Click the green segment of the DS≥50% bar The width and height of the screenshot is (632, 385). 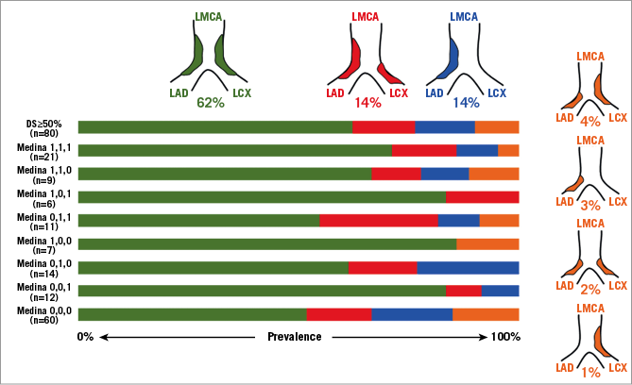(215, 127)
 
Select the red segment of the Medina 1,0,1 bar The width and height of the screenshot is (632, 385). (482, 196)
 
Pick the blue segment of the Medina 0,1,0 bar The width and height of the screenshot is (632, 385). (468, 267)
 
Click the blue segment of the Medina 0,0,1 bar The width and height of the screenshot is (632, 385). (500, 291)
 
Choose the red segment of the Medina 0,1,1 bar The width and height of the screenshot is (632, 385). (378, 220)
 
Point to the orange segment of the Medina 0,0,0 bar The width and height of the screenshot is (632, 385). (486, 314)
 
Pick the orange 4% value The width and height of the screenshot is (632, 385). (591, 122)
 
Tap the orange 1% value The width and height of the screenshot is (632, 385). (591, 373)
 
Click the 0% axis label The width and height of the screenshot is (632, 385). (86, 337)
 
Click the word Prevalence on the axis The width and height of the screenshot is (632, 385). (294, 337)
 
